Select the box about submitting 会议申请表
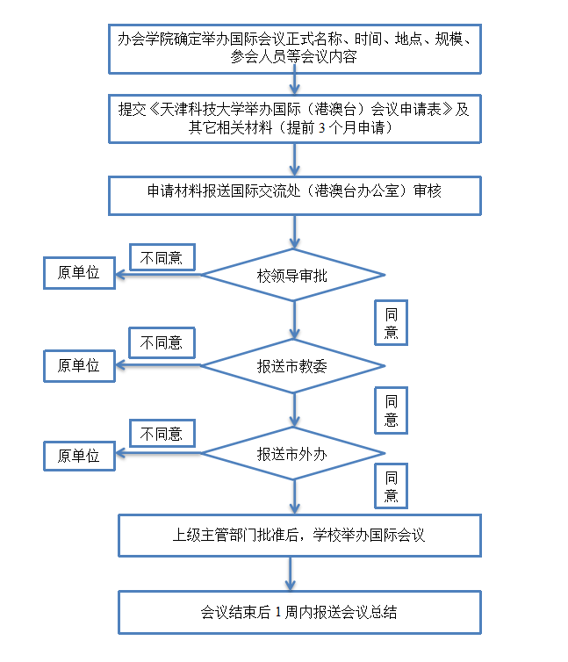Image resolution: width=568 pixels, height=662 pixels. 295,118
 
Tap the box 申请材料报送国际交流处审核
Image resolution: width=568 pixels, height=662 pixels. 295,195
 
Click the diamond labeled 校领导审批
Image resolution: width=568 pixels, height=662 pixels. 293,275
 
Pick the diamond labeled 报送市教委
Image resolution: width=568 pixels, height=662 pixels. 293,365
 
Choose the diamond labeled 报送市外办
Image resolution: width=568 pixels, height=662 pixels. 293,454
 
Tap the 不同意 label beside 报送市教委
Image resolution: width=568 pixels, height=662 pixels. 162,342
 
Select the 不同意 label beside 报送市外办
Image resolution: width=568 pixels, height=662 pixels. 162,433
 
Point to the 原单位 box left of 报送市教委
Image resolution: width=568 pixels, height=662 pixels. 80,365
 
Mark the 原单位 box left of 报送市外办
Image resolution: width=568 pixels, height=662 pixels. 80,456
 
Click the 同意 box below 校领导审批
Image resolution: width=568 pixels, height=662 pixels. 391,323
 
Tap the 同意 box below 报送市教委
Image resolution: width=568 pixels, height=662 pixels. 391,410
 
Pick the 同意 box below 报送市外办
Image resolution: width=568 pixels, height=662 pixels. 391,487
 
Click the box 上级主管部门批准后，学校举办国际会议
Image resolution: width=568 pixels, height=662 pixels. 299,535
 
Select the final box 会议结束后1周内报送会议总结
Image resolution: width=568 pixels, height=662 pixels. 299,612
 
